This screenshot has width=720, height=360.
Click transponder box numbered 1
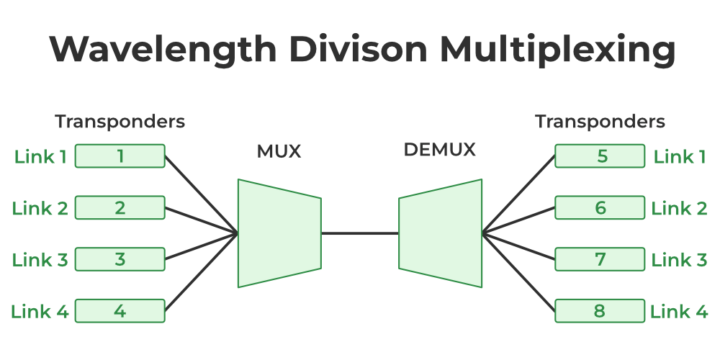coord(120,156)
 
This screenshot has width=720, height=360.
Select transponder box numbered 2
coord(120,208)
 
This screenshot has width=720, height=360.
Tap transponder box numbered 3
coord(120,260)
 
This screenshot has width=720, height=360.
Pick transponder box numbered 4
coord(120,312)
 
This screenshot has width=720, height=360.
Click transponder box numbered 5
coord(600,156)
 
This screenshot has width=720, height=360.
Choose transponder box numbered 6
coord(600,208)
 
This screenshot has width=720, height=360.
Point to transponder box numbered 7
coord(600,260)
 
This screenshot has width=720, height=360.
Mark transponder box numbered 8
coord(600,312)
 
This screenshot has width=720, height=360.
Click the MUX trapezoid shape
coord(279,233)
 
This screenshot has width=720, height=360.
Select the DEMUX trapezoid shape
coord(441,233)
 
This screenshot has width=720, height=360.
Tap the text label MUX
coord(279,151)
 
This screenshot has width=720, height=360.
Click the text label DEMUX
coord(440,150)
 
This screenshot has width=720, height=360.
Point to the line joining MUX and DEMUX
coord(360,233)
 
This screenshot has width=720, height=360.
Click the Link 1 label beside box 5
coord(679,156)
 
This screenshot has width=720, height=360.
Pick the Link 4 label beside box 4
coord(40,312)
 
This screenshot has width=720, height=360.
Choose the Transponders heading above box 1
coord(120,122)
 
